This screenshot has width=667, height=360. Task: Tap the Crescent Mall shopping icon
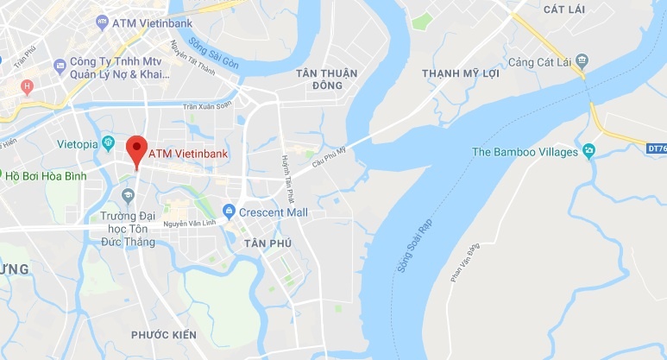pyautogui.click(x=229, y=211)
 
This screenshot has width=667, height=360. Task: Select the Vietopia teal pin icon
pyautogui.click(x=108, y=142)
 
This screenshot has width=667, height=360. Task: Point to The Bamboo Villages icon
pyautogui.click(x=588, y=152)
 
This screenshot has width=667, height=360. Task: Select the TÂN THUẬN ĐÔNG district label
pyautogui.click(x=326, y=79)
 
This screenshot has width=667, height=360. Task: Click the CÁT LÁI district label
pyautogui.click(x=566, y=9)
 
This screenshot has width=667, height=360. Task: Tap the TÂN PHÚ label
pyautogui.click(x=267, y=244)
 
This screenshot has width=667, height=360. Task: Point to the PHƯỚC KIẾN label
pyautogui.click(x=164, y=334)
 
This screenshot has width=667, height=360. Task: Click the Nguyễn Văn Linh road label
pyautogui.click(x=191, y=223)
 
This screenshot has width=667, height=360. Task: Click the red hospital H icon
pyautogui.click(x=27, y=85)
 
